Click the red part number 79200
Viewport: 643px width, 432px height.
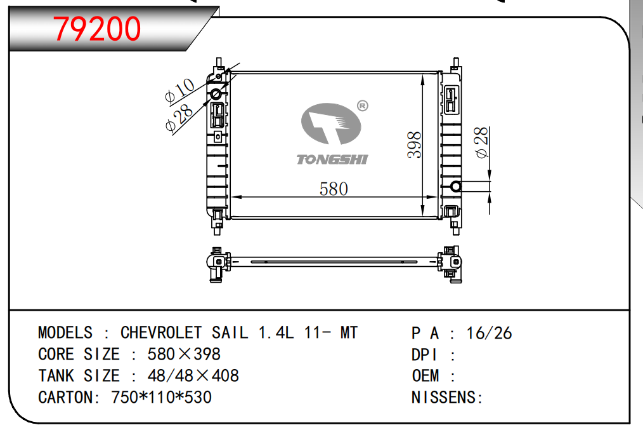(97, 29)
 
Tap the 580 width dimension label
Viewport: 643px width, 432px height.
(334, 189)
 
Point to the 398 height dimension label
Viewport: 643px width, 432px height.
(414, 145)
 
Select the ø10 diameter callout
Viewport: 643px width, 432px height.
(179, 90)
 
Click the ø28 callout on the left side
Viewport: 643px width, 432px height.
(179, 118)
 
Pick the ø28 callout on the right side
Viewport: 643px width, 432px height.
(481, 142)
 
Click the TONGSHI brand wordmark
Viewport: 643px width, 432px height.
(332, 159)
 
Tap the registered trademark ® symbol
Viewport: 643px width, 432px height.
(363, 106)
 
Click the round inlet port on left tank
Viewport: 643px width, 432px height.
(216, 95)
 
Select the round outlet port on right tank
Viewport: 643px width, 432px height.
(455, 187)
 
